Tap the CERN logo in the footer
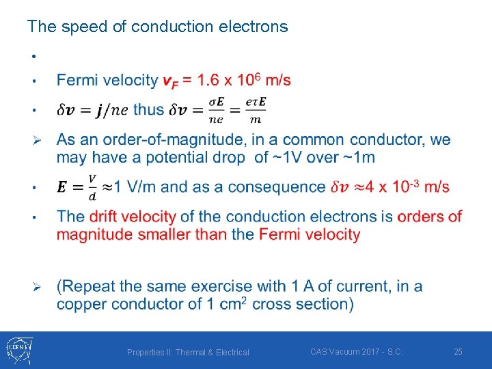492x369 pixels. (x=17, y=351)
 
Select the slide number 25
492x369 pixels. (x=459, y=351)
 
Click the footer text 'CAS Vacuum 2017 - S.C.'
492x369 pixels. (x=356, y=351)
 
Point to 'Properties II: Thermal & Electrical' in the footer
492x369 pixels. (x=188, y=352)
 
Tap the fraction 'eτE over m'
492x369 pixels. (x=256, y=110)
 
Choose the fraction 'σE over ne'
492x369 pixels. (x=217, y=110)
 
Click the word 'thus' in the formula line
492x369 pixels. (x=148, y=109)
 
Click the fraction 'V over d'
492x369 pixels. (x=92, y=187)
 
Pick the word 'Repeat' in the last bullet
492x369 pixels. (x=87, y=286)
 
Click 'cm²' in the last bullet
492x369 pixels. (x=232, y=303)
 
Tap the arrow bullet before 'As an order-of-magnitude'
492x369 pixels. (x=39, y=140)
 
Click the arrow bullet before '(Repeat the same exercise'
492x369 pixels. (x=39, y=286)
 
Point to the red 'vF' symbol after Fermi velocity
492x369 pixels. (x=170, y=81)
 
